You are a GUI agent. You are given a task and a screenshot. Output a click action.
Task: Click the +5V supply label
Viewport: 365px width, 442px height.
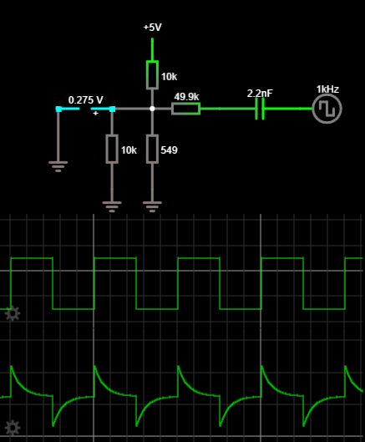[152, 28]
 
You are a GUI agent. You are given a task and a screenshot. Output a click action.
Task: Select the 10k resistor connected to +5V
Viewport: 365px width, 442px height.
[152, 74]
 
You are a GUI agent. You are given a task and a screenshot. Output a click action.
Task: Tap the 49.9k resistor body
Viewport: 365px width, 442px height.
[185, 108]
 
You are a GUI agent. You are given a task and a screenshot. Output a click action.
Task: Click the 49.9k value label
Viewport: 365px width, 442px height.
[186, 95]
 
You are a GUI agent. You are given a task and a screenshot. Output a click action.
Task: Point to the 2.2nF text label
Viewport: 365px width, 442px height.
[260, 94]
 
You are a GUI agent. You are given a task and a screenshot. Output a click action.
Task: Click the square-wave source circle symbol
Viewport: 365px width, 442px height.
[327, 109]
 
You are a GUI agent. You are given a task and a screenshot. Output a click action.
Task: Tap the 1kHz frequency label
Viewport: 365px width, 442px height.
[327, 89]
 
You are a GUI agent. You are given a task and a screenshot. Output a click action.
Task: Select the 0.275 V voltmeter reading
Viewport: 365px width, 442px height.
[85, 99]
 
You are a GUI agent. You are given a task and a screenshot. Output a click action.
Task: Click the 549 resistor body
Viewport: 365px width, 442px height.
[152, 149]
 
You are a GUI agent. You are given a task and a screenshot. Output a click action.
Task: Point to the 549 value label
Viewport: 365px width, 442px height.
[169, 150]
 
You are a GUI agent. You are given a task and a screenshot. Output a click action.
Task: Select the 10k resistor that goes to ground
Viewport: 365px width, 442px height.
[112, 149]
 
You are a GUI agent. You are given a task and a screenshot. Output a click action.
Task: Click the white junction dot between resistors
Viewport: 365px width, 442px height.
[152, 109]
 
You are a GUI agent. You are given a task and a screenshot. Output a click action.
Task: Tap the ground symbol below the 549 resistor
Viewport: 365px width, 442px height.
[152, 204]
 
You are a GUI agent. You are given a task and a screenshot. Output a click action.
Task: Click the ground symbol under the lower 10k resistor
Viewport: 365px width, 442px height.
[112, 204]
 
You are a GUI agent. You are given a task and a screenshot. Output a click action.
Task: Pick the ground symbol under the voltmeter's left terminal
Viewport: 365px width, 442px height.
[58, 165]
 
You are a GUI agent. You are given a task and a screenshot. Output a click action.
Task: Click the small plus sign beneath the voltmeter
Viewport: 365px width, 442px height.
[95, 113]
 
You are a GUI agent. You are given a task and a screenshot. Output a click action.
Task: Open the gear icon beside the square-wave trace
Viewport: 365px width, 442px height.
[12, 312]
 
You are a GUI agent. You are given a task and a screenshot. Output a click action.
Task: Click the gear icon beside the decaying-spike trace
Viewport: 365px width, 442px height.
[12, 427]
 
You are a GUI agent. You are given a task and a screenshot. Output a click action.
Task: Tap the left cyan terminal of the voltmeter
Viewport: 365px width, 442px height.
[58, 109]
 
